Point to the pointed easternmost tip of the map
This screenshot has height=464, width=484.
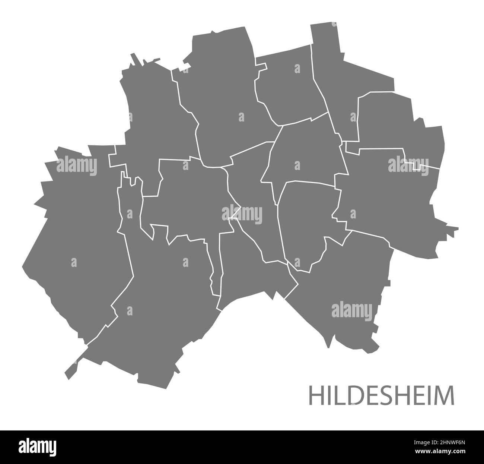point(456,228)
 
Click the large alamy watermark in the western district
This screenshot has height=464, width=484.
point(77,166)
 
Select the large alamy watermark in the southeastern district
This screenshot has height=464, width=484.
point(352,310)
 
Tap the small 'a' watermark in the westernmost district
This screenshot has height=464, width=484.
point(74,262)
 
